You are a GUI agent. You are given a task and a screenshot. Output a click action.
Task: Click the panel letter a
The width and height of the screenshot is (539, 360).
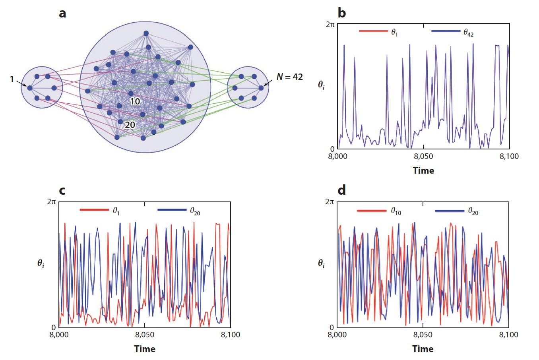(62, 14)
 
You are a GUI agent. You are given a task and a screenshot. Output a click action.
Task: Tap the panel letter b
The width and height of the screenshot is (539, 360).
(341, 14)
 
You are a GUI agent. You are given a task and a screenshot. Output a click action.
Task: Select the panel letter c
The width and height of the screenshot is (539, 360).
(62, 190)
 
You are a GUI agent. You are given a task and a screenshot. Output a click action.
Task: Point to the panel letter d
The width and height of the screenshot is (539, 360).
(341, 190)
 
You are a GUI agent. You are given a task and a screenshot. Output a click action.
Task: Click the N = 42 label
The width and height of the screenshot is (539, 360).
(289, 77)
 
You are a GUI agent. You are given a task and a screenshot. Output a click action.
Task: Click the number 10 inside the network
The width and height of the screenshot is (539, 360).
(135, 102)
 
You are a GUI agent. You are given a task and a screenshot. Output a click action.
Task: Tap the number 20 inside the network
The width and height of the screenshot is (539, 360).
(130, 125)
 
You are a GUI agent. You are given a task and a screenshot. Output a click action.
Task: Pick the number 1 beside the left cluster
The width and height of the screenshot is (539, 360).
(12, 79)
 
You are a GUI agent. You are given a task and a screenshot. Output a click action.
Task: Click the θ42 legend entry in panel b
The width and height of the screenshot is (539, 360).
(468, 33)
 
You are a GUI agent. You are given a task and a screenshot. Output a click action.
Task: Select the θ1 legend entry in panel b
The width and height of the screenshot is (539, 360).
(394, 33)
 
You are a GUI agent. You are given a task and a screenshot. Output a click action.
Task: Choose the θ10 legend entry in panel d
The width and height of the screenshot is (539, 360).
(396, 211)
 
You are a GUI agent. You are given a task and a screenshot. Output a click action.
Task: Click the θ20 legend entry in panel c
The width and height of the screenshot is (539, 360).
(195, 211)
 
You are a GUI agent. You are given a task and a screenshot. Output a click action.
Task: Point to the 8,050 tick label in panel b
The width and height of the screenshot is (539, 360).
(423, 157)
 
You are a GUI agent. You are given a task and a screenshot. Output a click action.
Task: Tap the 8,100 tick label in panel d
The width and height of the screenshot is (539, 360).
(508, 335)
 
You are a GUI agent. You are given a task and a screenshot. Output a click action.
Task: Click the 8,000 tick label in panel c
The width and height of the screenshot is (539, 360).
(59, 335)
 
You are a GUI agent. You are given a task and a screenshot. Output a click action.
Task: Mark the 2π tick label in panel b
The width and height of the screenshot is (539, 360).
(330, 24)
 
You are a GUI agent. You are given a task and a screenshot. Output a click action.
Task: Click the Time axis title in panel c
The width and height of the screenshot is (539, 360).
(145, 349)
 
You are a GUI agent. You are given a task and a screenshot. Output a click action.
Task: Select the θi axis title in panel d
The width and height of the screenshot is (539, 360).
(321, 263)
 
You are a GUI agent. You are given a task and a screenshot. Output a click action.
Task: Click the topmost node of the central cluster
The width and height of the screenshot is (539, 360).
(146, 33)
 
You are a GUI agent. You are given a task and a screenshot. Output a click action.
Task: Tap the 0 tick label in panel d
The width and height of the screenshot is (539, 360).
(332, 327)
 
